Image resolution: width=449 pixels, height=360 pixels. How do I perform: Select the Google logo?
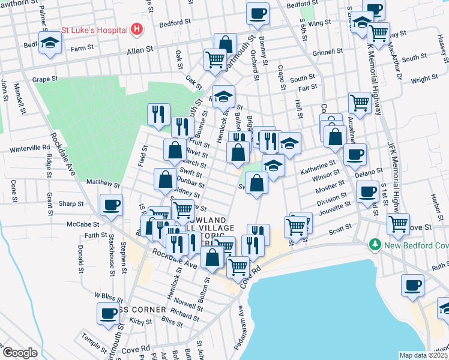pyautogui.click(x=20, y=353)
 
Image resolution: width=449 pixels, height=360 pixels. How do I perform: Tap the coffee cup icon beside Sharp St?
pyautogui.click(x=112, y=205)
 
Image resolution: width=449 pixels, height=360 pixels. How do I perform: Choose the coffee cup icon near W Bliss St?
pyautogui.click(x=109, y=313)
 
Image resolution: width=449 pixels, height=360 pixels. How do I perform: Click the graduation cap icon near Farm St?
pyautogui.click(x=50, y=42)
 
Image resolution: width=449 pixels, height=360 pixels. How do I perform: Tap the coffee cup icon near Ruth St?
pyautogui.click(x=412, y=285)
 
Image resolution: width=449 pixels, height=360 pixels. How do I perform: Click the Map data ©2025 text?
pyautogui.click(x=423, y=355)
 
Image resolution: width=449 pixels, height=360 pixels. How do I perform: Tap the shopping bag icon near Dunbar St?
pyautogui.click(x=165, y=179)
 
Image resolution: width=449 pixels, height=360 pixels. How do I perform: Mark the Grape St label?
pyautogui.click(x=45, y=79)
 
